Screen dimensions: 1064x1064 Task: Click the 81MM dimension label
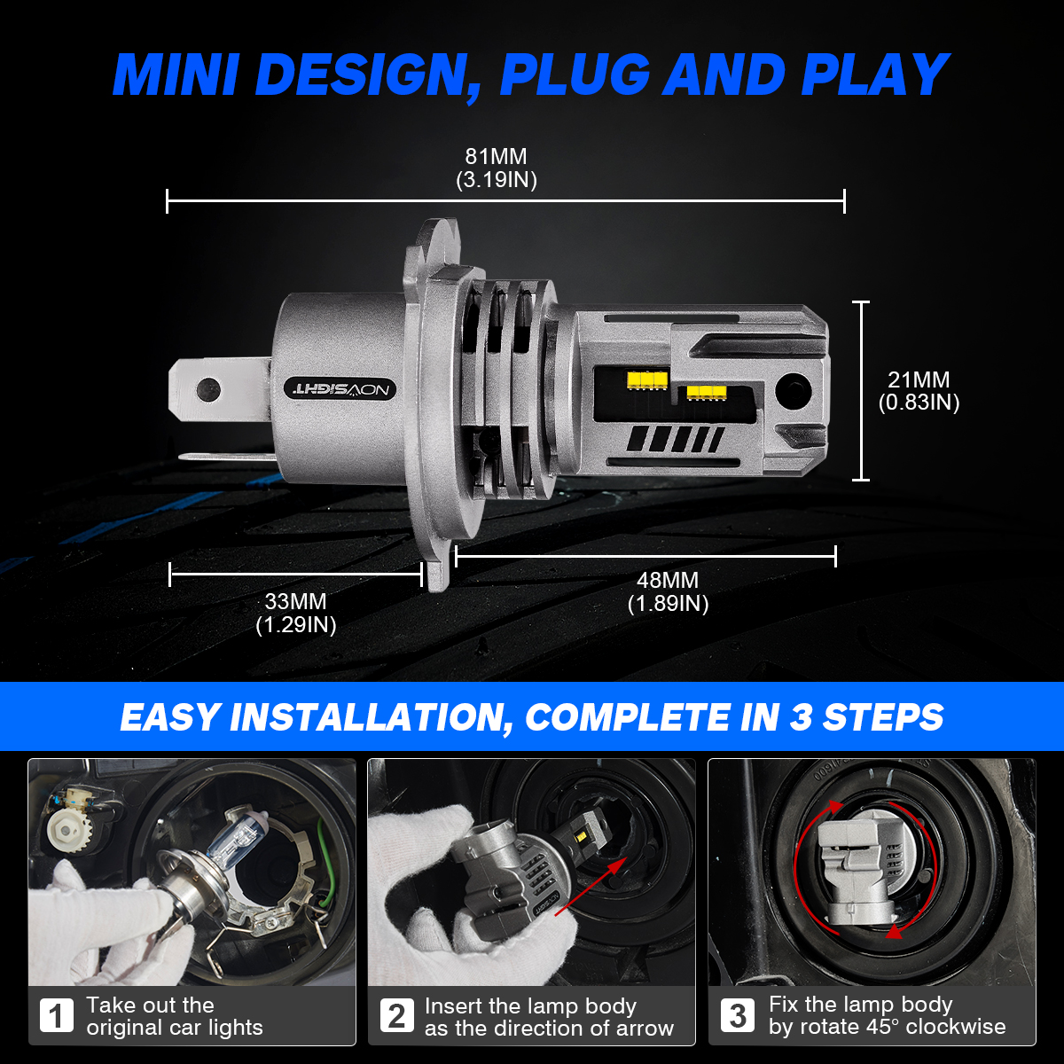496,157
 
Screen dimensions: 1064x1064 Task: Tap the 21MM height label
919,379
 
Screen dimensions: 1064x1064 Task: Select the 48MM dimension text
668,580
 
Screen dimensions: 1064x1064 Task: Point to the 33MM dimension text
295,601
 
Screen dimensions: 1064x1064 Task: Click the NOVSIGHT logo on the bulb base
340,389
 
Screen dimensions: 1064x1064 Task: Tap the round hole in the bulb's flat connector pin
208,389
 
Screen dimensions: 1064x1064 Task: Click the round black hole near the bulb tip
794,390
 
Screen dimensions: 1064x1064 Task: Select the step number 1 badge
57,1015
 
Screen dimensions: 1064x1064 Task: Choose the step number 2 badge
396,1015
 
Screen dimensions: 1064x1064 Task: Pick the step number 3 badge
737,1015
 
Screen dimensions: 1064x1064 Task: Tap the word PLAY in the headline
874,74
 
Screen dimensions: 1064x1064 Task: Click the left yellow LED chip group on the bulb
647,379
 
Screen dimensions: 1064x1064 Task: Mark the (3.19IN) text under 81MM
497,180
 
